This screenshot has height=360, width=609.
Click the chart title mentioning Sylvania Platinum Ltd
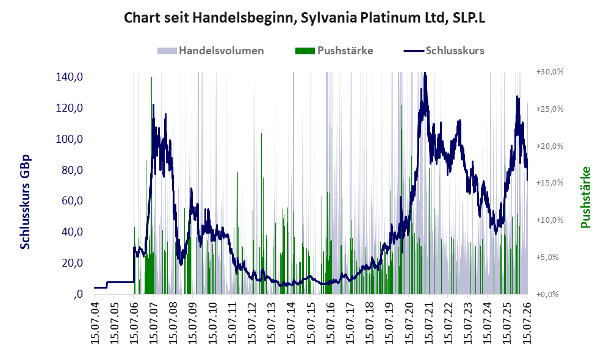click(304, 18)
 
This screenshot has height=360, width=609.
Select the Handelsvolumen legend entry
click(211, 51)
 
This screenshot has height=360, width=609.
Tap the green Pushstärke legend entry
click(334, 51)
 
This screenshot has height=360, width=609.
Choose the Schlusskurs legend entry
click(444, 51)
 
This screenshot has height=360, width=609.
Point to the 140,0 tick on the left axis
click(70, 77)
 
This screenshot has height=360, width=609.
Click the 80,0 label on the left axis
click(72, 170)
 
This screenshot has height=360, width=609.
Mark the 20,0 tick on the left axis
click(72, 263)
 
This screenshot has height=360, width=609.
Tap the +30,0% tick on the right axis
click(550, 72)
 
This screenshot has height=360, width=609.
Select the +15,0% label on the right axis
click(550, 183)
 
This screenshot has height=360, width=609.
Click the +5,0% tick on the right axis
click(547, 257)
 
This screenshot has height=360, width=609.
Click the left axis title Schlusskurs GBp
click(25, 202)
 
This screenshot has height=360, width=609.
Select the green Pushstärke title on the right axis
click(585, 197)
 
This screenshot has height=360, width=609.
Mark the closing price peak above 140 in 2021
click(425, 73)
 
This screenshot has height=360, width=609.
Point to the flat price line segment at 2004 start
click(100, 287)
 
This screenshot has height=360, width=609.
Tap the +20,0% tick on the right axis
click(550, 146)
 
